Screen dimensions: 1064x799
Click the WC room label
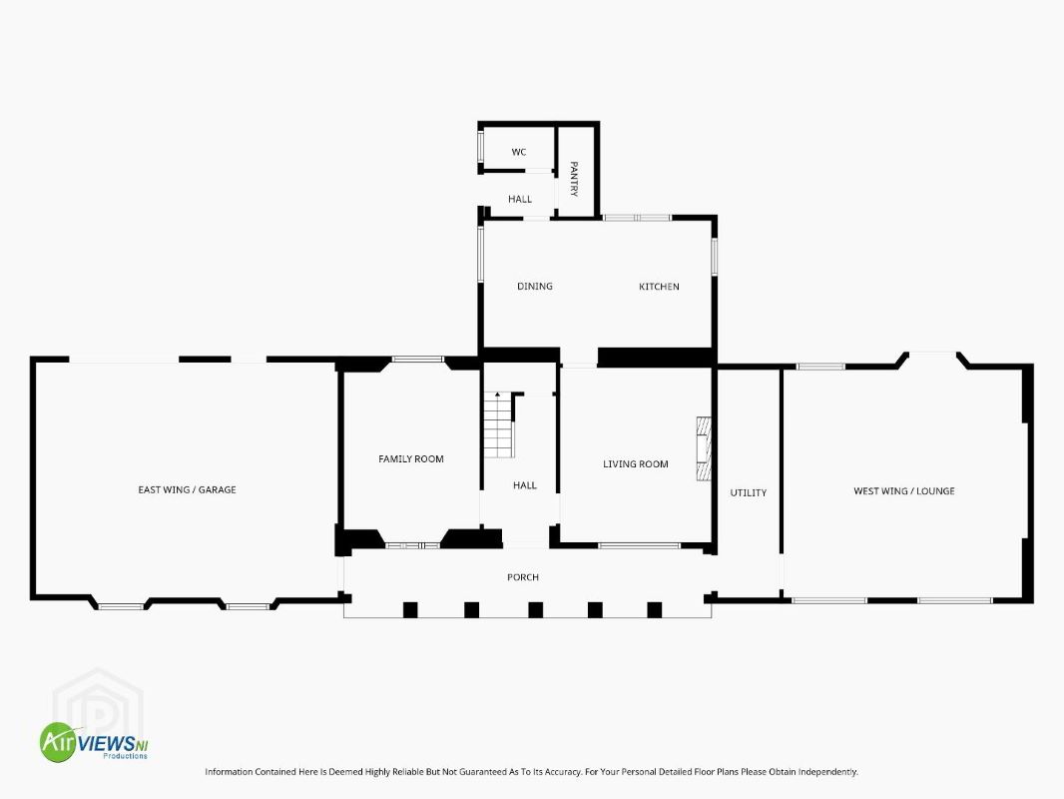point(519,152)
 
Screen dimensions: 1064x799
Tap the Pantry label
point(574,179)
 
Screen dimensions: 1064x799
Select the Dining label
point(535,287)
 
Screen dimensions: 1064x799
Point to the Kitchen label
point(659,287)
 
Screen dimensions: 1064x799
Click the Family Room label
point(411,458)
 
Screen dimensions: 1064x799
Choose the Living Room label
point(636,464)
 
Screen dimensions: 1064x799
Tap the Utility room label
point(749,492)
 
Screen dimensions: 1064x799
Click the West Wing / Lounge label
point(904,490)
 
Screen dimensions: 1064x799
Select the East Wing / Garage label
point(188,489)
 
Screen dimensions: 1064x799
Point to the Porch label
point(523,577)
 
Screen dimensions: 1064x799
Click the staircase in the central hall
point(498,424)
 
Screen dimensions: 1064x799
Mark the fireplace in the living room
point(704,449)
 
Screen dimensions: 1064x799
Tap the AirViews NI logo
point(94,741)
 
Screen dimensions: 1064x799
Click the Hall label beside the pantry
point(520,199)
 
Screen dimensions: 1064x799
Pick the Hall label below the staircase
point(525,485)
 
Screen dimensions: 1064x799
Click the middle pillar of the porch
point(535,609)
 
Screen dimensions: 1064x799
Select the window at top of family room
point(418,360)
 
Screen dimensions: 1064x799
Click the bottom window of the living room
point(639,545)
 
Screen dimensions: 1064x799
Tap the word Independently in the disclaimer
point(828,772)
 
